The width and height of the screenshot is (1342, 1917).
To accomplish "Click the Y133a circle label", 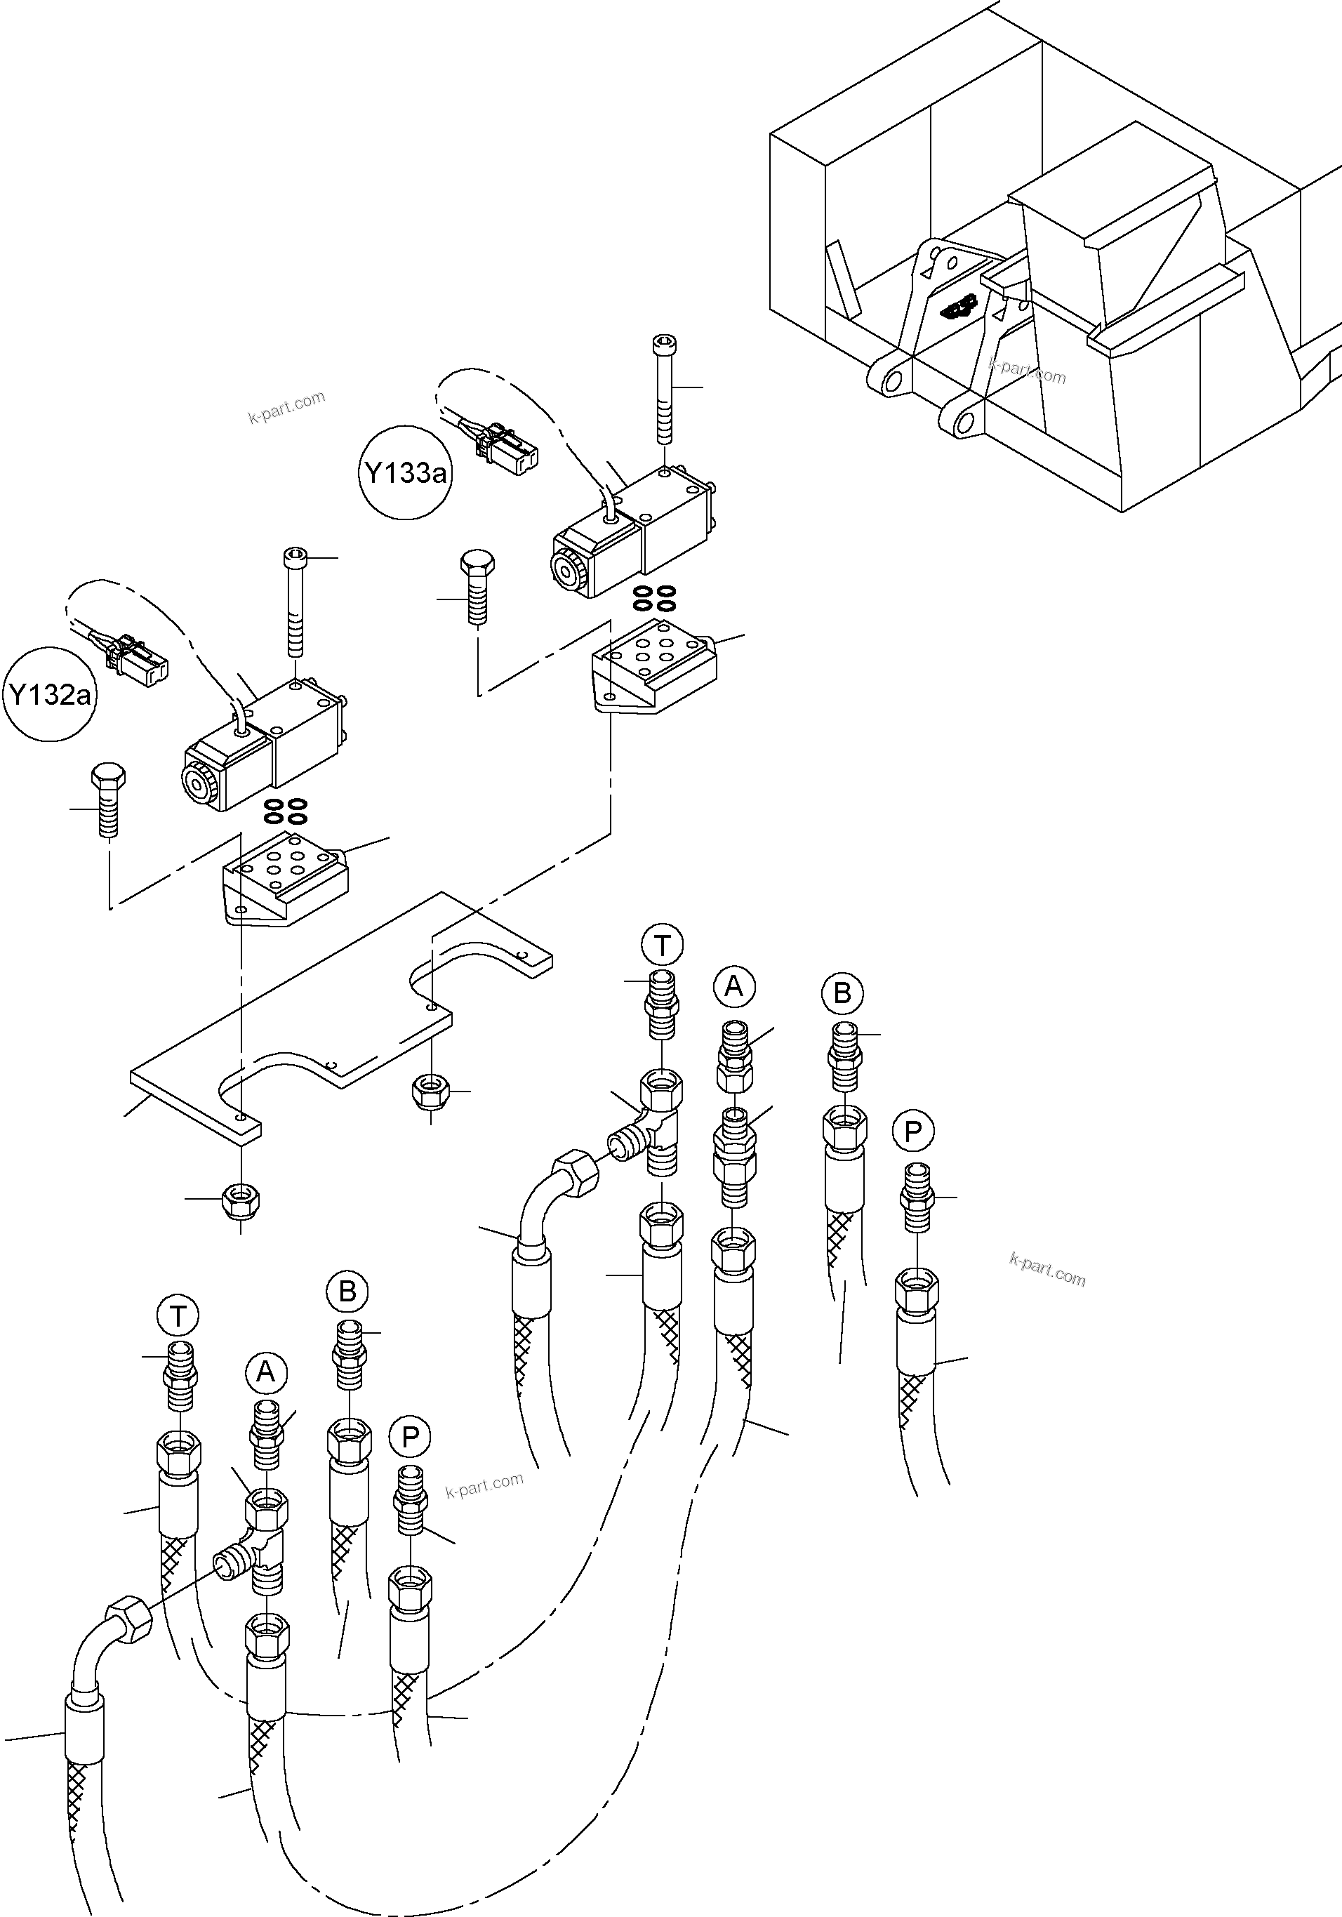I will tap(405, 473).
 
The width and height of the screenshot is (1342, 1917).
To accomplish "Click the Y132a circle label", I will tap(50, 694).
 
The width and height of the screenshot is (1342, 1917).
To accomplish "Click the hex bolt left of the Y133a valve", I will tap(477, 586).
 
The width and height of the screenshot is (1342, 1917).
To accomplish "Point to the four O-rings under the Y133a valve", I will tap(654, 597).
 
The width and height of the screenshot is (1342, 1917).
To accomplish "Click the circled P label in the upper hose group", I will tap(912, 1132).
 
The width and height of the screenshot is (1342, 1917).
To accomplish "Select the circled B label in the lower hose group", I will tap(347, 1291).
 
